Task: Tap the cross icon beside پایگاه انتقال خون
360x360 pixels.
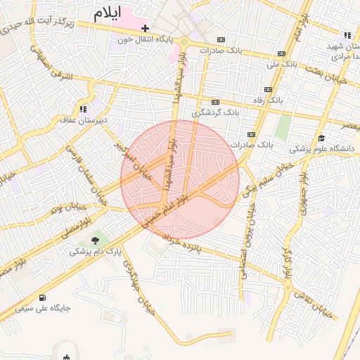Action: pyautogui.click(x=145, y=29)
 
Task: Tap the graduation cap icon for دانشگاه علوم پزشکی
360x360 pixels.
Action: pyautogui.click(x=321, y=138)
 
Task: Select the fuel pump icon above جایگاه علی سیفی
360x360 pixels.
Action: pyautogui.click(x=44, y=297)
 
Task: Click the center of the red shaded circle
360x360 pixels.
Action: pyautogui.click(x=180, y=179)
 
